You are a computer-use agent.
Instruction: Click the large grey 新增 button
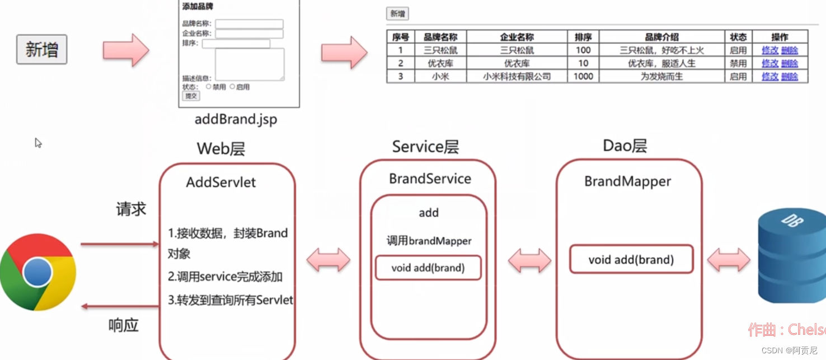41,49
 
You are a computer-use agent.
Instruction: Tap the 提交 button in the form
191,96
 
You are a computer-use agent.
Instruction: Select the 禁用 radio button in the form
209,87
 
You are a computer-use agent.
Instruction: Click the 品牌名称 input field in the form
249,24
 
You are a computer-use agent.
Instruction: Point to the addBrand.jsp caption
236,119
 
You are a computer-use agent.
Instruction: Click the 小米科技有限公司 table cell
517,77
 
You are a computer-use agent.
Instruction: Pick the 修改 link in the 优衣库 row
770,63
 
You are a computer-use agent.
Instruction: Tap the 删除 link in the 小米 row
790,77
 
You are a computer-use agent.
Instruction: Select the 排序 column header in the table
583,37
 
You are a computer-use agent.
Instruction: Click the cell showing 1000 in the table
583,77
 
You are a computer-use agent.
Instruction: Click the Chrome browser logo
38,273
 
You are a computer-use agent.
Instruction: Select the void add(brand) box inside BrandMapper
631,260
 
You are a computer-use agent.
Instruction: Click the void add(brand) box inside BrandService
428,268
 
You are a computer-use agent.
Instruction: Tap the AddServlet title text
221,183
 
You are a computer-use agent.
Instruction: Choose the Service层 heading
425,147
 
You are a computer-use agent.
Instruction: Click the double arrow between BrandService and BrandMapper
529,260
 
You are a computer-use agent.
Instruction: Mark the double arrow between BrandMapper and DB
729,260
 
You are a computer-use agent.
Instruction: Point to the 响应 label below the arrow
123,325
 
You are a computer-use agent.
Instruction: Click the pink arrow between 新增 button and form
126,50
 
